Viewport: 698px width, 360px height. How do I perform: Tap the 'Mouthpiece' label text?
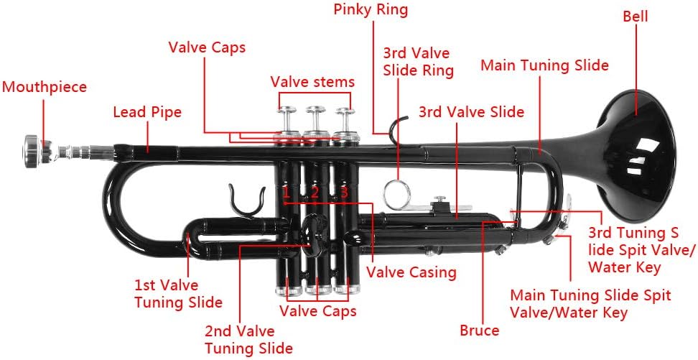pyautogui.click(x=44, y=87)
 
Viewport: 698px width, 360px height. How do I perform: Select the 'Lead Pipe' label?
pyautogui.click(x=147, y=112)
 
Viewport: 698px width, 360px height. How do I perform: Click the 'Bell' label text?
pyautogui.click(x=635, y=16)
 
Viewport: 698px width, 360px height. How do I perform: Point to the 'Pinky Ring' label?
pyautogui.click(x=371, y=9)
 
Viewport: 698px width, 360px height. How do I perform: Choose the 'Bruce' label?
pyautogui.click(x=479, y=331)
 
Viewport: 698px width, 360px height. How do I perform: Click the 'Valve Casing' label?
pyautogui.click(x=411, y=272)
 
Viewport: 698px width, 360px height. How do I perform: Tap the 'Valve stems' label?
pyautogui.click(x=312, y=81)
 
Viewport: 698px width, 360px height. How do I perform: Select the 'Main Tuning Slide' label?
pyautogui.click(x=544, y=65)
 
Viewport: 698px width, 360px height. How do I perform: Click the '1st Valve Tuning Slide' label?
pyautogui.click(x=178, y=294)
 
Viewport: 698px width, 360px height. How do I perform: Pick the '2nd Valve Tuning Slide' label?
pyautogui.click(x=248, y=340)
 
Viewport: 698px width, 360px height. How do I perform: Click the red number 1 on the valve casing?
pyautogui.click(x=286, y=193)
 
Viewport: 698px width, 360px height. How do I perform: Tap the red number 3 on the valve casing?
pyautogui.click(x=344, y=193)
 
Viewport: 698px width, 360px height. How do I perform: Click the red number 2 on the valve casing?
pyautogui.click(x=315, y=193)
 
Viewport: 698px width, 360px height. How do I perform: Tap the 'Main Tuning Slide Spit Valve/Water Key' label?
pyautogui.click(x=590, y=304)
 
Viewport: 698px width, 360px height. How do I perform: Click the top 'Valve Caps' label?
pyautogui.click(x=207, y=47)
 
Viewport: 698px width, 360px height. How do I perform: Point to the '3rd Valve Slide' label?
pyautogui.click(x=471, y=112)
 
